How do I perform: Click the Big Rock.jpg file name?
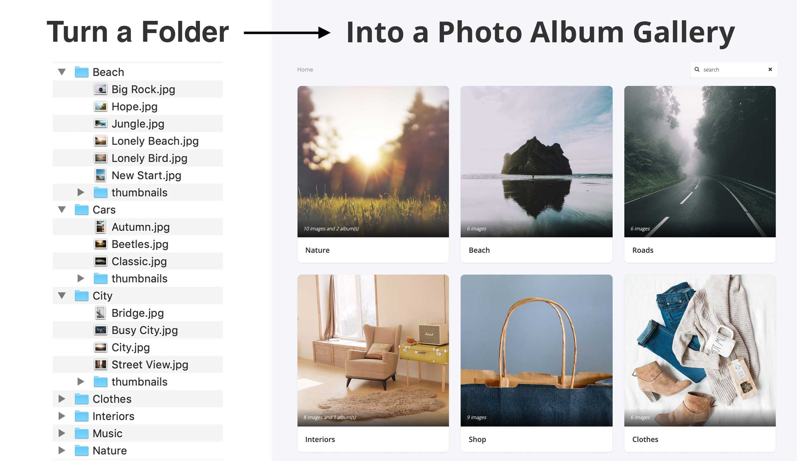[x=143, y=90]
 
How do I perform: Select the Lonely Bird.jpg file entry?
[x=149, y=158]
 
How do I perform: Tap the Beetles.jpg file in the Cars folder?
[x=140, y=244]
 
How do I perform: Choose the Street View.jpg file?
[x=150, y=365]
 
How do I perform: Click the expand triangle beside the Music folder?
[x=62, y=433]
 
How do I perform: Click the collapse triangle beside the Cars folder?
[x=62, y=209]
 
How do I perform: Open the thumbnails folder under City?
[x=139, y=382]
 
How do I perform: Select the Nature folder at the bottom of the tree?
[x=110, y=451]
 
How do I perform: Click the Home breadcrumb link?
[x=305, y=70]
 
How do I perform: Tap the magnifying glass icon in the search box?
[x=697, y=69]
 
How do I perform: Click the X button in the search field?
[x=770, y=69]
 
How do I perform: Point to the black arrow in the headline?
[x=287, y=32]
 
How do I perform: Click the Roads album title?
[x=643, y=250]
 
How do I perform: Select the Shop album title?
[x=477, y=439]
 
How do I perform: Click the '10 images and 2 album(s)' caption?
[x=331, y=229]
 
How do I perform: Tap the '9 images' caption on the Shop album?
[x=476, y=417]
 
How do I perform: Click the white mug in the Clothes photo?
[x=721, y=342]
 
